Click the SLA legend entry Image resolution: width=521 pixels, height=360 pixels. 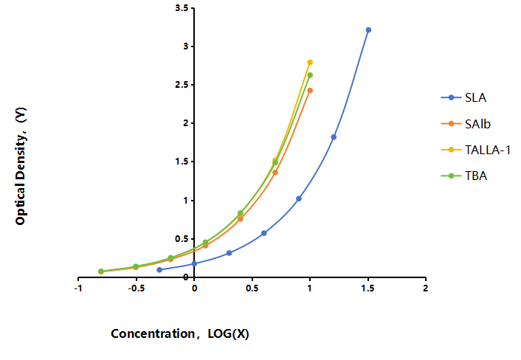point(464,97)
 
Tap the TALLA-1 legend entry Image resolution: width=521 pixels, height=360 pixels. point(476,150)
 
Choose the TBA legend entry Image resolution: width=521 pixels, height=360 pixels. point(464,176)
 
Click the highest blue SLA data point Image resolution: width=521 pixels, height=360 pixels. point(368,30)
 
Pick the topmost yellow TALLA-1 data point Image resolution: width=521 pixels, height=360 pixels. point(310,63)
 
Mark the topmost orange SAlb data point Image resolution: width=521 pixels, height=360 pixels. point(310,90)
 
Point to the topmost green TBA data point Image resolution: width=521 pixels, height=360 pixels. point(310,75)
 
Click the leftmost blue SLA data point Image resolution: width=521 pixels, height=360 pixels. point(159,270)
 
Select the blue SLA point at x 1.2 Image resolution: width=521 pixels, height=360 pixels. point(334,137)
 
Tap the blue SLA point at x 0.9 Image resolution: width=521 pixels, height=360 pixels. point(299,198)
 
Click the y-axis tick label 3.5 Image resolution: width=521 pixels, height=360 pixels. point(182,8)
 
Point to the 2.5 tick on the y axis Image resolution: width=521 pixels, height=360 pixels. point(182,85)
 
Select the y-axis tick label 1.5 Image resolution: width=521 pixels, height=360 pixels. point(182,162)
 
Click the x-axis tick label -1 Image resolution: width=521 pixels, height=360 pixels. point(78,288)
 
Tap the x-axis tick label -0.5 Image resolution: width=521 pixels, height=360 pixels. point(137,288)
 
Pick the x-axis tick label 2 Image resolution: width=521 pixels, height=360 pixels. point(426,288)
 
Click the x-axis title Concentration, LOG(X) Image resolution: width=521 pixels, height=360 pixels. point(180,333)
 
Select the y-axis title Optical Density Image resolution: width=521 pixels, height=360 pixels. point(21,167)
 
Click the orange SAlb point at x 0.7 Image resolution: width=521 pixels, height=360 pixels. point(275,173)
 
